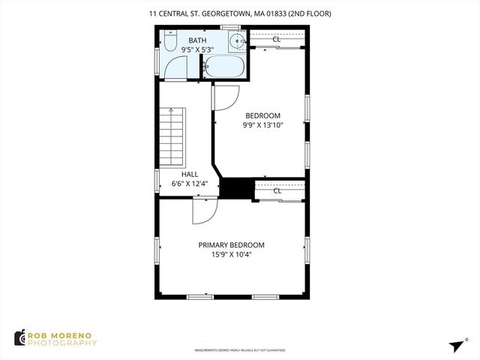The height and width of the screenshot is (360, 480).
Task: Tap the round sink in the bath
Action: tap(236, 42)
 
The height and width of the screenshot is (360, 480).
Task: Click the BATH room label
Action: tap(197, 40)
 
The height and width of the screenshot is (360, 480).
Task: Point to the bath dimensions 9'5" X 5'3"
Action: tap(197, 50)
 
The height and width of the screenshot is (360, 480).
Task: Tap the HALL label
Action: tap(189, 174)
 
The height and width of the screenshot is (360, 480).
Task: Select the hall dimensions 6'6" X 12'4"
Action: tap(189, 184)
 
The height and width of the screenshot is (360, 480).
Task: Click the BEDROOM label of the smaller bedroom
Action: tap(262, 115)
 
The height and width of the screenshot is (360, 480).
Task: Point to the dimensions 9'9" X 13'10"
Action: tap(262, 126)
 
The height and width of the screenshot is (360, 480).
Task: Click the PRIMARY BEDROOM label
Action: tap(231, 244)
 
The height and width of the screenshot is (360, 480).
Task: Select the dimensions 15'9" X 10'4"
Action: tap(231, 255)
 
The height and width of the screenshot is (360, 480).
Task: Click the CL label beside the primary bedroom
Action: tap(277, 190)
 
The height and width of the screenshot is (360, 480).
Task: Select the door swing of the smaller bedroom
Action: tap(227, 96)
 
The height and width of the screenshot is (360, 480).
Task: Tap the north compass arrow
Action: tap(457, 345)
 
